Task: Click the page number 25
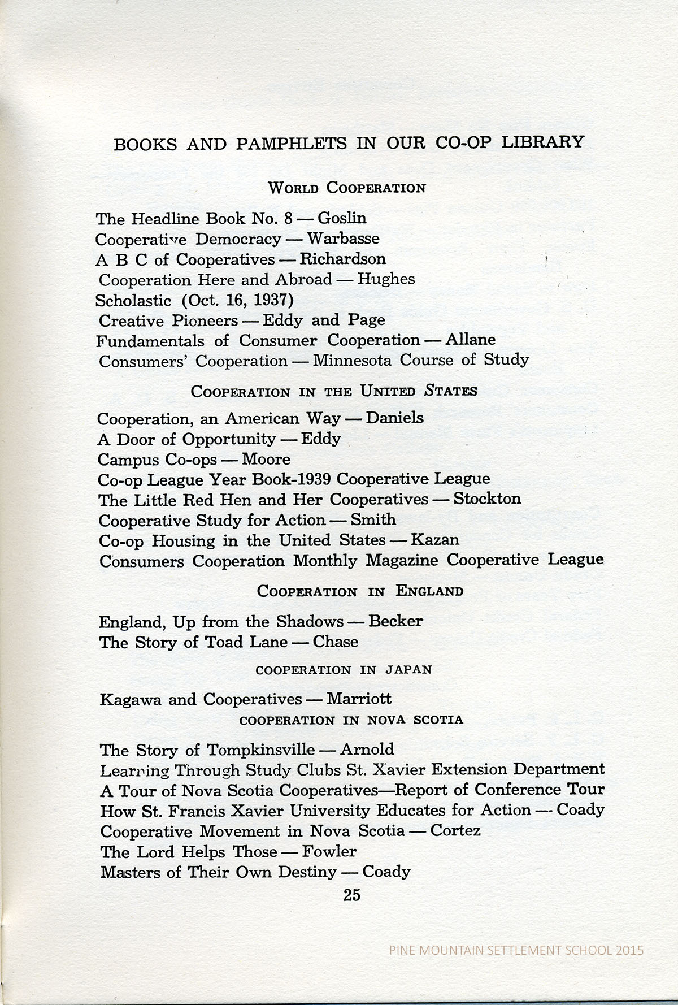point(351,895)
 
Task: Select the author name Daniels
point(395,418)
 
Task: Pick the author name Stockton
point(487,499)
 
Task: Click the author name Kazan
point(434,540)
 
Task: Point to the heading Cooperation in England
point(360,592)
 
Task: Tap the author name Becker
point(395,622)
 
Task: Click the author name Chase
point(336,642)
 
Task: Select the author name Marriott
point(359,699)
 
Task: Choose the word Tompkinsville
point(260,750)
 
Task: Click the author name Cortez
point(455,831)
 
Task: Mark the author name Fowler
point(329,851)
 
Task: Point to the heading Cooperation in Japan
point(344,670)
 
